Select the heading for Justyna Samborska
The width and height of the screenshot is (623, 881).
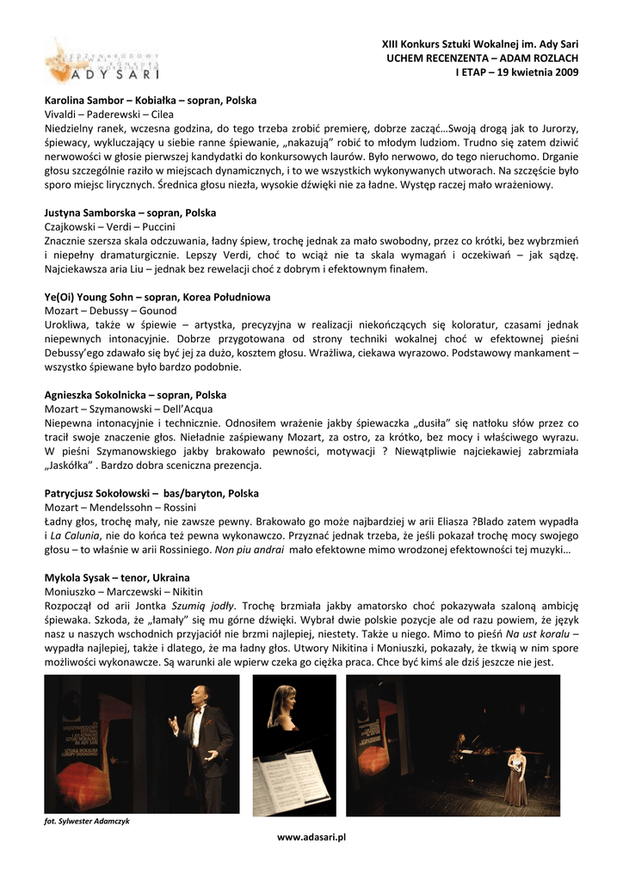(130, 213)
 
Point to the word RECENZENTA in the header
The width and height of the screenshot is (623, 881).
(451, 58)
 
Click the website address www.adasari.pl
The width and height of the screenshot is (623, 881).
(311, 836)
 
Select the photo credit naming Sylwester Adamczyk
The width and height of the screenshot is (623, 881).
(87, 821)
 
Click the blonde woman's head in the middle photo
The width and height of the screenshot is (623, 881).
(283, 697)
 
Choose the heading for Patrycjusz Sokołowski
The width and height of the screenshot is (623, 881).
(151, 494)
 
